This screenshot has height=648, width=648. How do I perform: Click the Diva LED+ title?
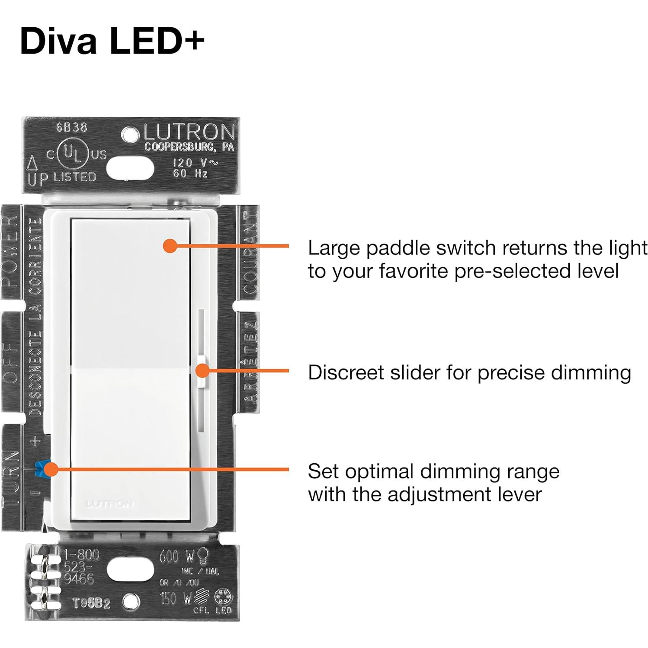(112, 41)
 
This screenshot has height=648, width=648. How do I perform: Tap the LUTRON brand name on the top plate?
(189, 132)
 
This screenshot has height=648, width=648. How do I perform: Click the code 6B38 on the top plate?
(71, 128)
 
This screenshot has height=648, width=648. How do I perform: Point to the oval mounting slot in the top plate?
(130, 168)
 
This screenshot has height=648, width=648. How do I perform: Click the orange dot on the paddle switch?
(170, 246)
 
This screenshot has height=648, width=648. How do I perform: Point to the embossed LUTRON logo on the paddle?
(110, 504)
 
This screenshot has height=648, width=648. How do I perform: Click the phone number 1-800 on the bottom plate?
(82, 555)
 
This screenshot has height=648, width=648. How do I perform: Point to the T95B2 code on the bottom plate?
(91, 603)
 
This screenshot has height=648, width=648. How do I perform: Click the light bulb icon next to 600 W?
(202, 555)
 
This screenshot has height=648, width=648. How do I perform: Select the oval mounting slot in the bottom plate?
(130, 569)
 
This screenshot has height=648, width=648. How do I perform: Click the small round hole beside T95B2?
(131, 601)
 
